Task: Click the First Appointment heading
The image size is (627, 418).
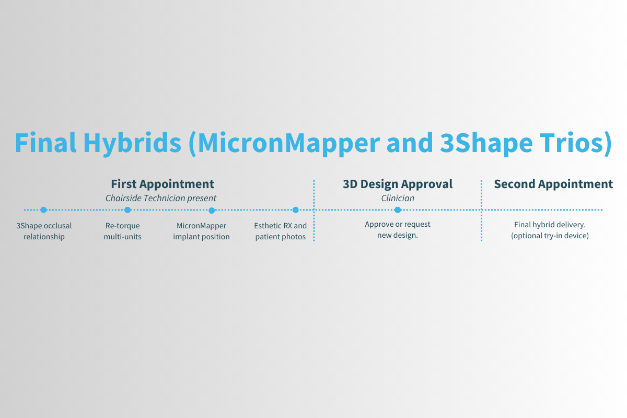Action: tap(162, 184)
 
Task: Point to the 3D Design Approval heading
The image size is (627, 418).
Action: tap(398, 184)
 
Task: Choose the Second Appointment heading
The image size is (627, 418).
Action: tap(553, 184)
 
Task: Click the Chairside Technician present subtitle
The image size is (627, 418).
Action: tap(161, 199)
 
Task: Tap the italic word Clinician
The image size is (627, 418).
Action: tap(398, 199)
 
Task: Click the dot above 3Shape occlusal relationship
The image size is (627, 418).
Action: tap(44, 210)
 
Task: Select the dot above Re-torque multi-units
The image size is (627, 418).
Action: tap(127, 210)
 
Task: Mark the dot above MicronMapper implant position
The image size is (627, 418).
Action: tap(212, 210)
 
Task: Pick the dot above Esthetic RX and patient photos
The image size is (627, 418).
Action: tap(296, 210)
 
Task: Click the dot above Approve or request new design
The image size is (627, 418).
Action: tap(398, 210)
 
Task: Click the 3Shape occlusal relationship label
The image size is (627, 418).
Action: tap(44, 231)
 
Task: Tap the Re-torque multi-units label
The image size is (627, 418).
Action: tap(123, 231)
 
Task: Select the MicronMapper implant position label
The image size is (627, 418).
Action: tap(202, 231)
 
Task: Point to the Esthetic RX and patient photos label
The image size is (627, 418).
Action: tap(281, 231)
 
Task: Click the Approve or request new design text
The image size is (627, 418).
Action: tap(398, 229)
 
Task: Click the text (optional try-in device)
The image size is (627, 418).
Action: tap(550, 236)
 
